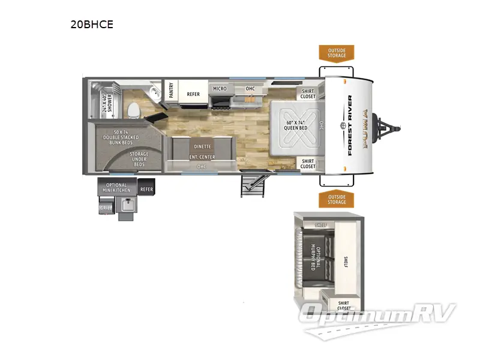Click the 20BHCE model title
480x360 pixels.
92,25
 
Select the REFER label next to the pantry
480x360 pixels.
193,94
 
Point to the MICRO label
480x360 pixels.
220,89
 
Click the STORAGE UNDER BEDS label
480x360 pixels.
139,159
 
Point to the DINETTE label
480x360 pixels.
202,146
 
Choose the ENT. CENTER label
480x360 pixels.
202,157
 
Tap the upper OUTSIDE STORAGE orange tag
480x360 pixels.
336,53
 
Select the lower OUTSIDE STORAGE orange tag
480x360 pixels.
336,199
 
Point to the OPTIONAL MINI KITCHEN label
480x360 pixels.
117,188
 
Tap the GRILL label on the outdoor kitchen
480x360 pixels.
106,208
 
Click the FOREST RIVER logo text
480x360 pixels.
350,126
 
